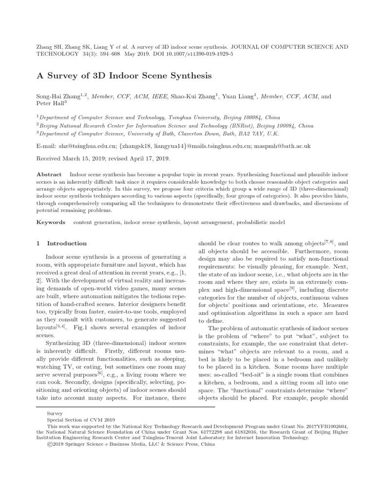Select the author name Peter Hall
[x=50, y=104]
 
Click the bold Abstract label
[x=49, y=174]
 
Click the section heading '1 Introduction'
[x=62, y=243]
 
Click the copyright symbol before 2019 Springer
[x=49, y=444]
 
